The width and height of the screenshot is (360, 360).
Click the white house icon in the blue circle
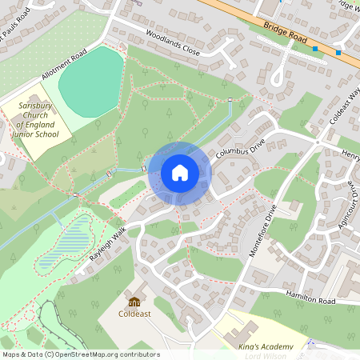[180, 172]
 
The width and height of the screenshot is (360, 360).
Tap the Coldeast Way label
[345, 107]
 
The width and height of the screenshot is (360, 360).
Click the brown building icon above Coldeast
[134, 302]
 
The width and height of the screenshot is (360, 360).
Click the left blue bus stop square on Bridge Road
[315, 48]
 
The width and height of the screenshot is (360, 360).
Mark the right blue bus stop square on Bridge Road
[338, 53]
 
